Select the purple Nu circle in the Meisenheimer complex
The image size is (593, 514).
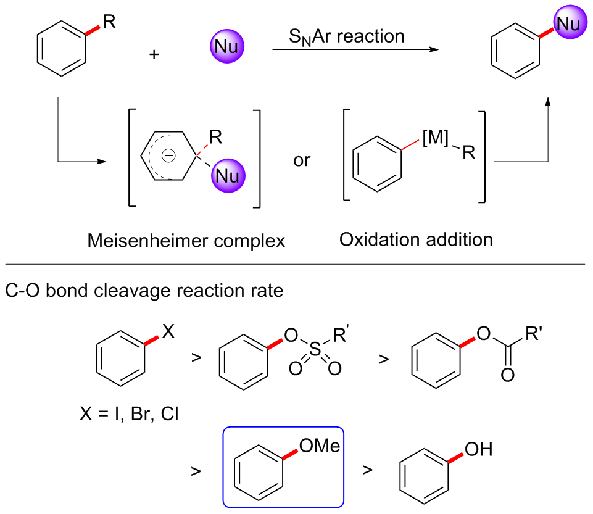point(228,176)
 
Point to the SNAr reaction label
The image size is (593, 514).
point(347,36)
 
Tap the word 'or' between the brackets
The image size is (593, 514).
point(302,162)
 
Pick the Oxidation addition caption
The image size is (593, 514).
point(416,239)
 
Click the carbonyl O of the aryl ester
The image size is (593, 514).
point(508,375)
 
